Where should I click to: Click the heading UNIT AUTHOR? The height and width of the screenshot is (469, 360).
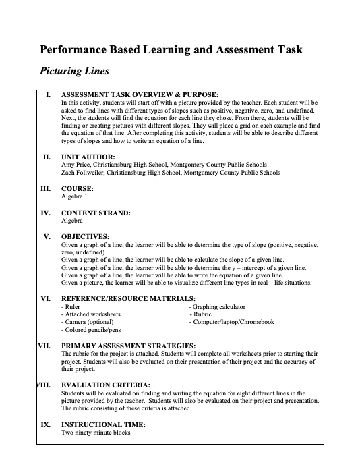(x=88, y=157)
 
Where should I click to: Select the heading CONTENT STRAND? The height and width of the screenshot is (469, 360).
(x=96, y=213)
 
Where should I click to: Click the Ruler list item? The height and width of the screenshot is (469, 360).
(x=71, y=306)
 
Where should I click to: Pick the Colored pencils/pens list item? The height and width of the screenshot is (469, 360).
(x=92, y=330)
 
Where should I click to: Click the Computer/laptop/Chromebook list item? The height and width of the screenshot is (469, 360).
(x=231, y=322)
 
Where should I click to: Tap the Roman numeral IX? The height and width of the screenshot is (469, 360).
(x=44, y=425)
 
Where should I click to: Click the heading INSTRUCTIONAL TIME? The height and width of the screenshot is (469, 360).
(x=102, y=425)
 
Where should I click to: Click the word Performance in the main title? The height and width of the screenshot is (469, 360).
(x=75, y=49)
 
